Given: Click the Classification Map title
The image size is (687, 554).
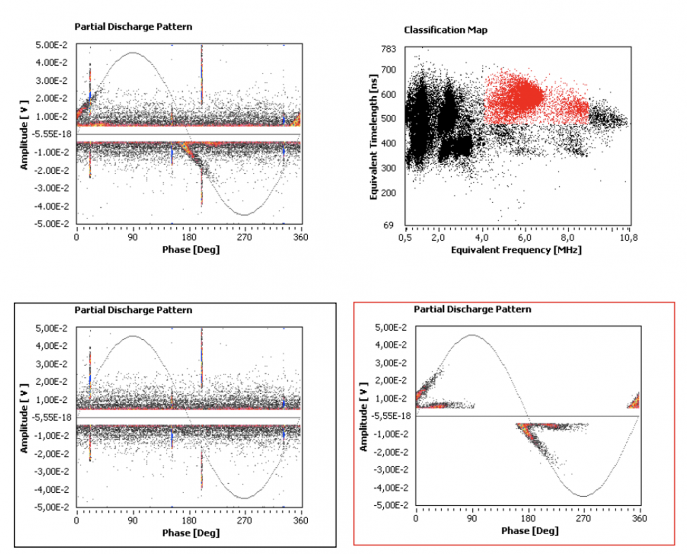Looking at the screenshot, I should click(445, 30).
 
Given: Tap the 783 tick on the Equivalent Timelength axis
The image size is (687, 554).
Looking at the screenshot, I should click(388, 49).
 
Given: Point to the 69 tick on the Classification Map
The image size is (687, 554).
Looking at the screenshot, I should click(388, 225).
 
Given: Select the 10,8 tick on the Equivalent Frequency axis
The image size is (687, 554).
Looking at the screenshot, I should click(628, 238).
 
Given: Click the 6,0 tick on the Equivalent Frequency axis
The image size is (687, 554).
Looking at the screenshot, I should click(524, 238).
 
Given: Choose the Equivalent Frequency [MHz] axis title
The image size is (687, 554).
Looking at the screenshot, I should click(516, 250).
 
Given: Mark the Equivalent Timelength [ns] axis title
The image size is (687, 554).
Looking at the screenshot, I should click(374, 136).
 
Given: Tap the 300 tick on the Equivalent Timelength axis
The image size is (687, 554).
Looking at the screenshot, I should click(388, 168).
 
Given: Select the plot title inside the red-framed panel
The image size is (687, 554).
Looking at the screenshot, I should click(472, 309).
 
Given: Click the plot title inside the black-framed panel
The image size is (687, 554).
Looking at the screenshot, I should click(133, 310).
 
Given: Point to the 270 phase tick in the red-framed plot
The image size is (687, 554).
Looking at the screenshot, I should click(583, 518).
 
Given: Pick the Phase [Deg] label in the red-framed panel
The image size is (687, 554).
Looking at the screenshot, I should click(530, 531).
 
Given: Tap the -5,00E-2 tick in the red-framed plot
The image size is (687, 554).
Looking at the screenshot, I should click(391, 505).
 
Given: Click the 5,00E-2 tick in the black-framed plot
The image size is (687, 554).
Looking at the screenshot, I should click(51, 328).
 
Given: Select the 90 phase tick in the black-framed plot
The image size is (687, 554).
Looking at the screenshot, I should click(133, 520).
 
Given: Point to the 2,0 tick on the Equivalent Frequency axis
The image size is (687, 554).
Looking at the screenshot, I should click(438, 238).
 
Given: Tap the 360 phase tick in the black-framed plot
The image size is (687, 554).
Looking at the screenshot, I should click(301, 520).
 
